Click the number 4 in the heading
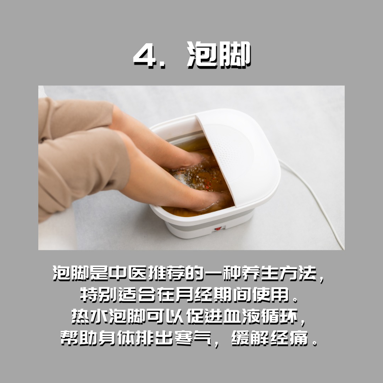pos(145,55)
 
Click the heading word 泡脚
pos(219,54)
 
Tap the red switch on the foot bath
pos(218,229)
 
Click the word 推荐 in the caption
pos(166,273)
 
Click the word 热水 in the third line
pos(90,317)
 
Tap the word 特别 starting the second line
pos(99,295)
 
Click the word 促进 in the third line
pos(204,317)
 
